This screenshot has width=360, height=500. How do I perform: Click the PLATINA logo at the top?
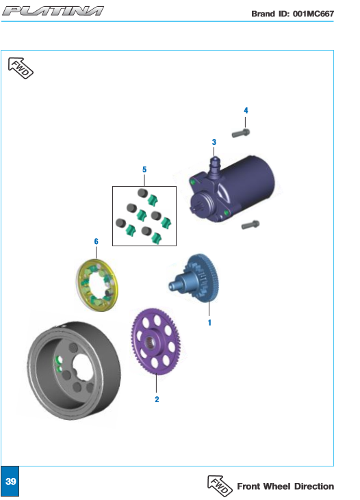53,11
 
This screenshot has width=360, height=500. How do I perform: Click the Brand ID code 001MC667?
313,14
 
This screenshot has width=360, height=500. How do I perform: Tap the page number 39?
10,481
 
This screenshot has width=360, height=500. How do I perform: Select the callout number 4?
246,110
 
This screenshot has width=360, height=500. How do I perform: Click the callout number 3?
214,142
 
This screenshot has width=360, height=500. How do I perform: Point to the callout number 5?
144,170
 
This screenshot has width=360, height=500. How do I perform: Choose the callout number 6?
96,241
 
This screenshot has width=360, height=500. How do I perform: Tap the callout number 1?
209,322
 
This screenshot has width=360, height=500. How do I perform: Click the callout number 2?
157,399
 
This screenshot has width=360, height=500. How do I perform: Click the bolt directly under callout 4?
241,133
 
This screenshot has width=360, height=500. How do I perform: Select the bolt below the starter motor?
250,225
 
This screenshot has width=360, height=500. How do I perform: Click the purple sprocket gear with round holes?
155,341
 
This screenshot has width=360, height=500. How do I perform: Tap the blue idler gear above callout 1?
194,278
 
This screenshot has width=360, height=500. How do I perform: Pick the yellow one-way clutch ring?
97,285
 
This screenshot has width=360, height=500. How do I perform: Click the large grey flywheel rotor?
74,370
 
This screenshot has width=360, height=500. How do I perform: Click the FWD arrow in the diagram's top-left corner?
21,68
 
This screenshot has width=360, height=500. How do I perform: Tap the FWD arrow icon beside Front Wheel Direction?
220,486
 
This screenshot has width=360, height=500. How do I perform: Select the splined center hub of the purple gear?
150,343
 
